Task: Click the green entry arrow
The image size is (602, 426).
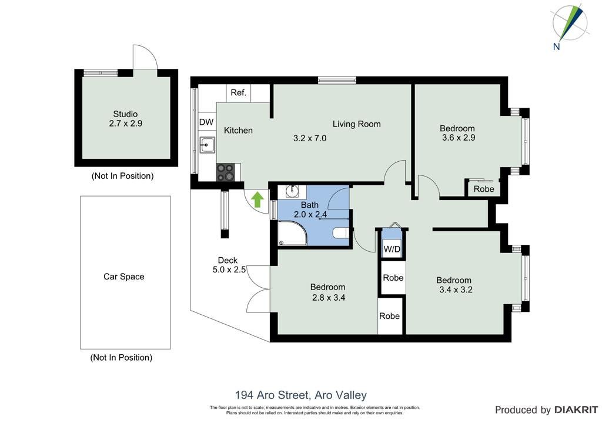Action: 257,199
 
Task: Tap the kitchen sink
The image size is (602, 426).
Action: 207,145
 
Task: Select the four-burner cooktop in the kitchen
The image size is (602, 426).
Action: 225,172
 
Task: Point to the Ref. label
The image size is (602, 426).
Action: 239,92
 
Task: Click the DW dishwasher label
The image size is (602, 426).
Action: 206,122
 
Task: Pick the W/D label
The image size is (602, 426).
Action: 392,249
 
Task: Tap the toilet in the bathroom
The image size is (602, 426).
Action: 341,233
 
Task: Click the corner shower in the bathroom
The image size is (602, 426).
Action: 293,233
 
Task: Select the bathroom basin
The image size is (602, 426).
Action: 293,191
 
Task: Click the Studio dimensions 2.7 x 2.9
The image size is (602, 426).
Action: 126,124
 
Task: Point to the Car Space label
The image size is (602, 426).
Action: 124,277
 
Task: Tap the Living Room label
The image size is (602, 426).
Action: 357,124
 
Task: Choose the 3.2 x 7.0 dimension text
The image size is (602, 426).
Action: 310,138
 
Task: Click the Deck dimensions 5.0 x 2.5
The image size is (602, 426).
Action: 229,269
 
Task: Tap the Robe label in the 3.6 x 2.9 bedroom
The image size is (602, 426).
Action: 484,189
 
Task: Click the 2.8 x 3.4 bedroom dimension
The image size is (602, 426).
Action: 329,297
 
